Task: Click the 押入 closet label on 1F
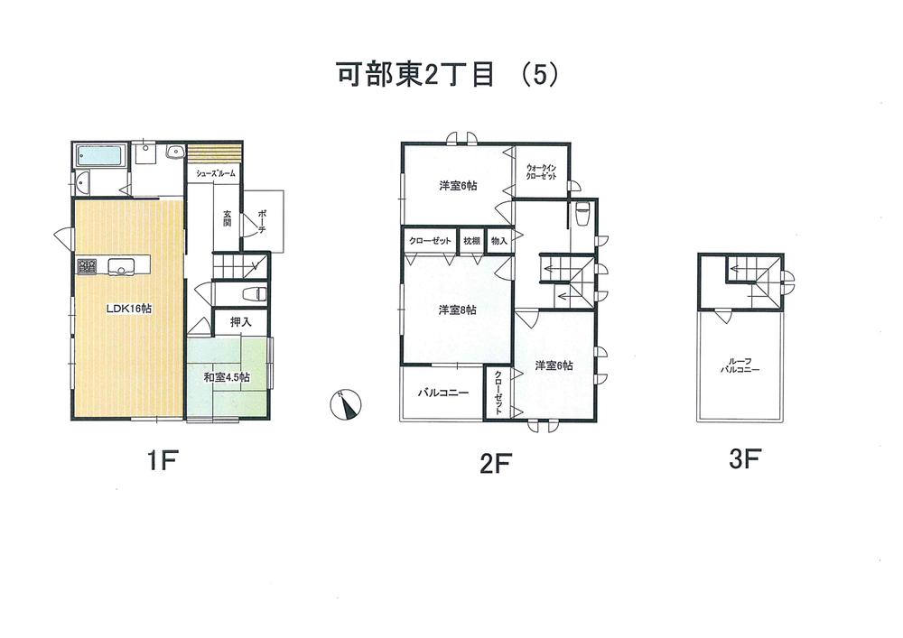pos(239,321)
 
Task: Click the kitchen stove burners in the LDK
pos(87,266)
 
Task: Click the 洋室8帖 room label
pos(458,310)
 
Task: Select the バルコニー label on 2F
pos(442,393)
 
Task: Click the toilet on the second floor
pos(582,214)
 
